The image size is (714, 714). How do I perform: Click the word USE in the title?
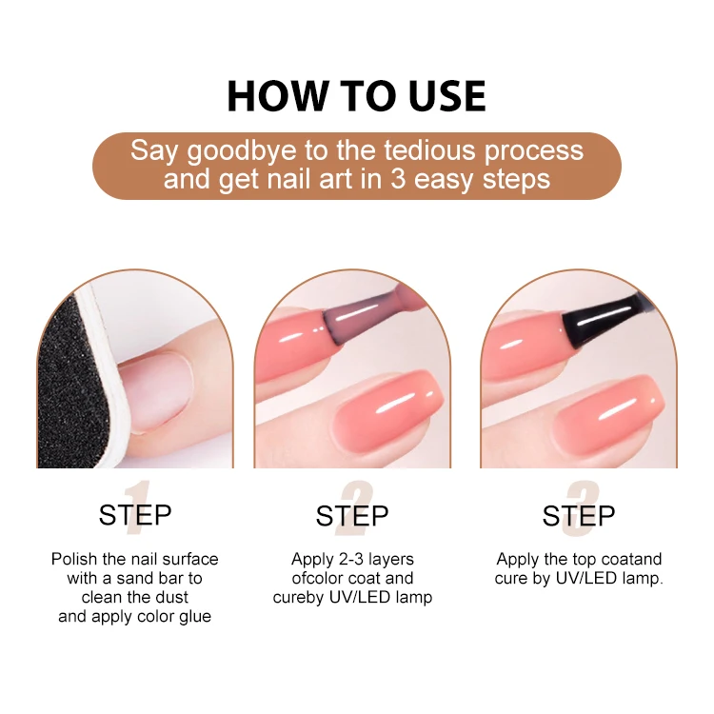437,96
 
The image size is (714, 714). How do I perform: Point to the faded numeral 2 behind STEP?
356,509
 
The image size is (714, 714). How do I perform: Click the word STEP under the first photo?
134,516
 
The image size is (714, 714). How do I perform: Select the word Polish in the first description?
73,559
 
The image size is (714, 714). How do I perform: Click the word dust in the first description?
172,597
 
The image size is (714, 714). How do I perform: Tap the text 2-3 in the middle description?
353,559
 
